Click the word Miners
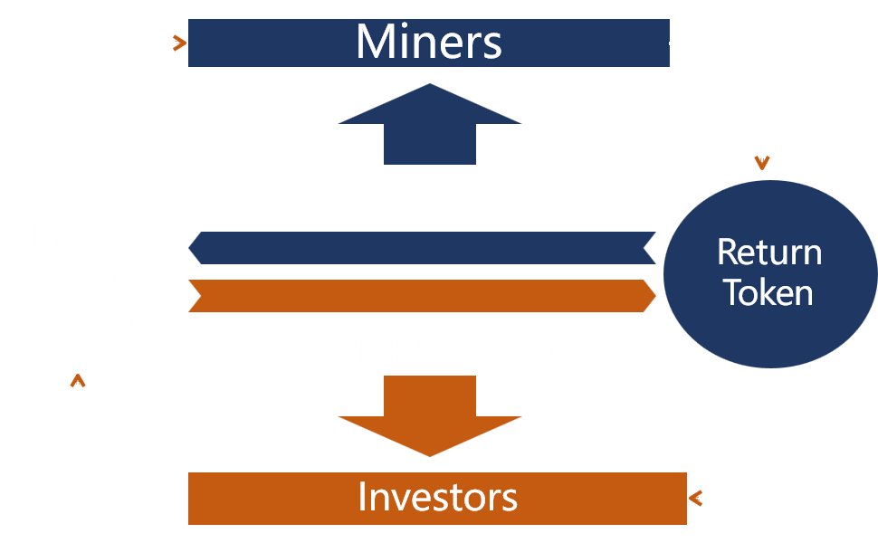pyautogui.click(x=429, y=42)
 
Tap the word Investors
pyautogui.click(x=437, y=497)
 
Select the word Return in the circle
pyautogui.click(x=769, y=252)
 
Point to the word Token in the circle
pyautogui.click(x=768, y=292)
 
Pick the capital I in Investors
pyautogui.click(x=362, y=497)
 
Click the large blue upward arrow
pyautogui.click(x=429, y=124)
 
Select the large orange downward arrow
pyautogui.click(x=429, y=416)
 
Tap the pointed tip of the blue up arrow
pyautogui.click(x=429, y=83)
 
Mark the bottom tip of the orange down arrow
pyautogui.click(x=429, y=457)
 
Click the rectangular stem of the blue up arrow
pyautogui.click(x=429, y=144)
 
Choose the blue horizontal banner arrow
pyautogui.click(x=422, y=248)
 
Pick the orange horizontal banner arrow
pyautogui.click(x=422, y=296)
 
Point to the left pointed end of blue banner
pyautogui.click(x=188, y=248)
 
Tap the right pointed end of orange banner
pyautogui.click(x=655, y=296)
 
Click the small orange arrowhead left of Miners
pyautogui.click(x=179, y=43)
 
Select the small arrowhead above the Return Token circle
pyautogui.click(x=762, y=162)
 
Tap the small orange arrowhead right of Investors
pyautogui.click(x=695, y=498)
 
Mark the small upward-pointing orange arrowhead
pyautogui.click(x=78, y=380)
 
